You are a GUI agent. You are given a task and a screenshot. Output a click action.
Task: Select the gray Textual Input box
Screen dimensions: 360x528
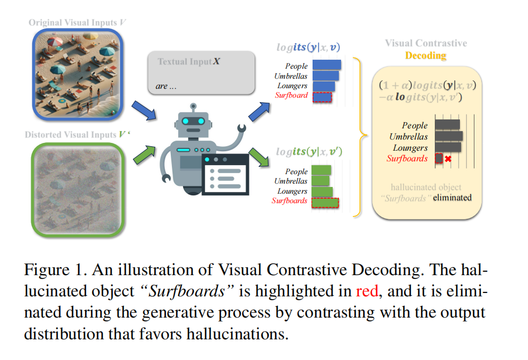(x=201, y=73)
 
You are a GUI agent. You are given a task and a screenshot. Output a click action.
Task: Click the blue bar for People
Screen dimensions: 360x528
(x=327, y=65)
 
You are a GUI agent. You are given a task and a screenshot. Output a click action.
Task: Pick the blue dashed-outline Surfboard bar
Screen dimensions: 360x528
(x=322, y=97)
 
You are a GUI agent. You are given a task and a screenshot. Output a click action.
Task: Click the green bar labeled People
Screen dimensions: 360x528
(x=321, y=170)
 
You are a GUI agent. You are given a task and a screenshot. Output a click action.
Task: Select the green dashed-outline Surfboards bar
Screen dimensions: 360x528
(x=325, y=202)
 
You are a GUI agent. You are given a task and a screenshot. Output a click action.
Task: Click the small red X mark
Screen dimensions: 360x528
(x=448, y=159)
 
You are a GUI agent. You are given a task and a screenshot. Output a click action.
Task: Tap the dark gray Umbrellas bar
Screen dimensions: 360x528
(x=449, y=136)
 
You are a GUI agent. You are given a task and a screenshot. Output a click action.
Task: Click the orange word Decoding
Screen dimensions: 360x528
(x=425, y=56)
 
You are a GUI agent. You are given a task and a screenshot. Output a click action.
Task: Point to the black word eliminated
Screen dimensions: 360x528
(x=452, y=198)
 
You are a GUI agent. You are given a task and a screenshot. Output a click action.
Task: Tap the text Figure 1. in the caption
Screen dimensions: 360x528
(x=52, y=270)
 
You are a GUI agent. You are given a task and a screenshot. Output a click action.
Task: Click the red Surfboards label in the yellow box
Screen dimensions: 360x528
(x=407, y=159)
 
